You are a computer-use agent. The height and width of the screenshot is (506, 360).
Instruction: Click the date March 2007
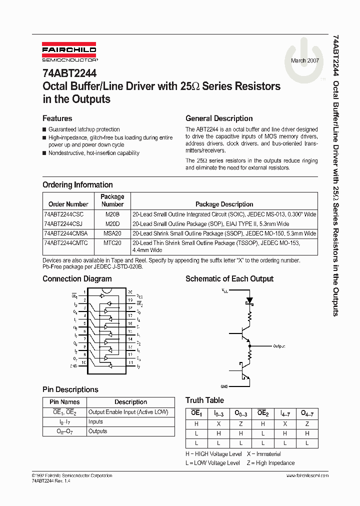[x=304, y=60]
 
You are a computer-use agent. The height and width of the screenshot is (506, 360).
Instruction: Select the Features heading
[x=57, y=118]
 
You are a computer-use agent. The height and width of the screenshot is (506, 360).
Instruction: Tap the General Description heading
[x=219, y=118]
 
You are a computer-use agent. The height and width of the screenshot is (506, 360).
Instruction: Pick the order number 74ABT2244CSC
[x=63, y=214]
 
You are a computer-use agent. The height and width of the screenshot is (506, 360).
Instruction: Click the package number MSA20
[x=112, y=233]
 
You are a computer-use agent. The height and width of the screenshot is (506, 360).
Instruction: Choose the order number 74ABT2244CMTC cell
[x=65, y=243]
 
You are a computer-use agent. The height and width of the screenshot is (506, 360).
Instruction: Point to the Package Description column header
[x=224, y=204]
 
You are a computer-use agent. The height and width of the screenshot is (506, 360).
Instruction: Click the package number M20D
[x=112, y=223]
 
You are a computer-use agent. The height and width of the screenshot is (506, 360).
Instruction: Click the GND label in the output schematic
[x=224, y=386]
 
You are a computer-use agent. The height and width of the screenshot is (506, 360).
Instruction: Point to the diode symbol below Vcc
[x=249, y=301]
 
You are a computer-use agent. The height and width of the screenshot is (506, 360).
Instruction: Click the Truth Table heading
[x=204, y=400]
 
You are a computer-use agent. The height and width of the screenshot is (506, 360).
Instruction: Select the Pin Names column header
[x=64, y=402]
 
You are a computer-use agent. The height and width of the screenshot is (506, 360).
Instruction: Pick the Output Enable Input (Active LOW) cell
[x=128, y=412]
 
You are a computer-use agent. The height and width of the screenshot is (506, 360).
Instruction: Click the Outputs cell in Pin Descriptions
[x=97, y=431]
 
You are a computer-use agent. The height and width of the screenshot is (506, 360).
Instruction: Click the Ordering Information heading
[x=77, y=185]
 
